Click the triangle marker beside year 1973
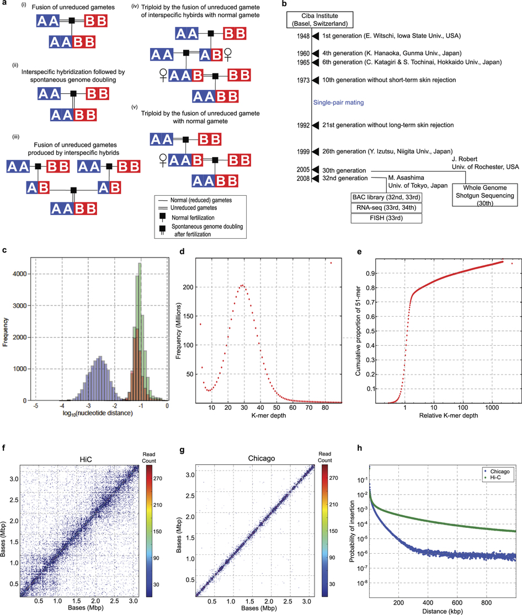point(316,80)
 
